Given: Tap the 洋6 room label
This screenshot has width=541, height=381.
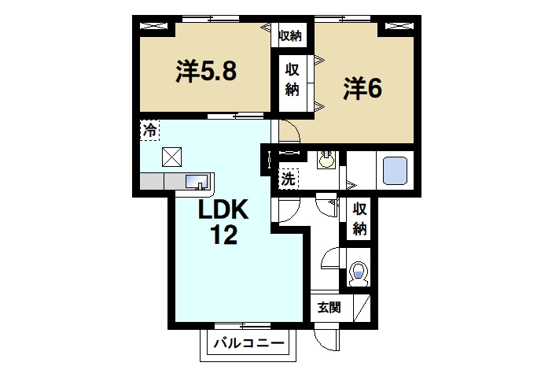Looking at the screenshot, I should pyautogui.click(x=362, y=89).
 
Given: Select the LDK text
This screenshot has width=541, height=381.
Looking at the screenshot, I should pyautogui.click(x=223, y=210).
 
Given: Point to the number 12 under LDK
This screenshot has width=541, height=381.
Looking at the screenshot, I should pyautogui.click(x=223, y=235).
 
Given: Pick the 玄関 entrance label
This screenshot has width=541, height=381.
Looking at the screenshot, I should pyautogui.click(x=329, y=307).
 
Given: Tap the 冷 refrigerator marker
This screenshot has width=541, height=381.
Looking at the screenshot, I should pyautogui.click(x=149, y=131).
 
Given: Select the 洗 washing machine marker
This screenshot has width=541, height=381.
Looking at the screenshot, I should pyautogui.click(x=289, y=179).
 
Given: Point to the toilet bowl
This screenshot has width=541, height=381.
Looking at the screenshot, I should pyautogui.click(x=359, y=272).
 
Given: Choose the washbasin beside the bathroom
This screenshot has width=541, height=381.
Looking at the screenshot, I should pyautogui.click(x=326, y=161).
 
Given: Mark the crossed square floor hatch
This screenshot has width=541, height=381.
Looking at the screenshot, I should pyautogui.click(x=171, y=156).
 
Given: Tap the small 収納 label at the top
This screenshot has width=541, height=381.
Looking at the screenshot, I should pyautogui.click(x=290, y=35).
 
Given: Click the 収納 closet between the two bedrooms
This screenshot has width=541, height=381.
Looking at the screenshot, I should pyautogui.click(x=292, y=79).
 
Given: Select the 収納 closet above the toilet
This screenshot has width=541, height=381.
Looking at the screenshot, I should pyautogui.click(x=360, y=219).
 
